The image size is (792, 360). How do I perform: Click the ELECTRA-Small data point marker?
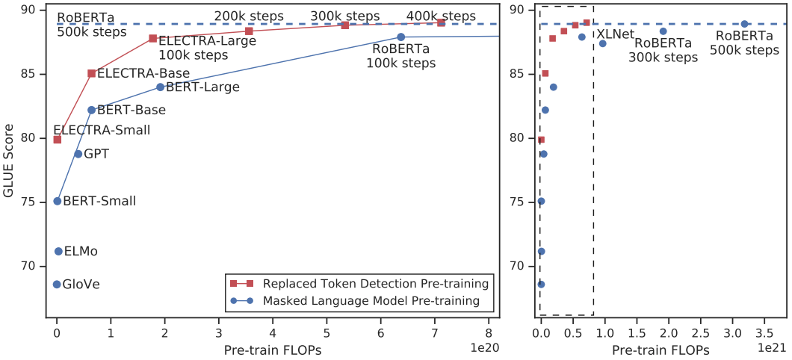pyautogui.click(x=57, y=139)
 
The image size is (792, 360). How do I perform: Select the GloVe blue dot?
pyautogui.click(x=57, y=284)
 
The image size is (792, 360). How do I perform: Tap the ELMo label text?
pyautogui.click(x=81, y=252)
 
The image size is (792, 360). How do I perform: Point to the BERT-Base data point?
pyautogui.click(x=91, y=110)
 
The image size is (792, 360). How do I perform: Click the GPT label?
pyautogui.click(x=96, y=154)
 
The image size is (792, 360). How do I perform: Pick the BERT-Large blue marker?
pyautogui.click(x=160, y=87)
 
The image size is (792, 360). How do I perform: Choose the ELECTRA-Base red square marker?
pyautogui.click(x=91, y=73)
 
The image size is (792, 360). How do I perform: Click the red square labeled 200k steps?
pyautogui.click(x=249, y=31)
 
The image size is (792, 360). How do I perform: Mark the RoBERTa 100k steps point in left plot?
pyautogui.click(x=400, y=37)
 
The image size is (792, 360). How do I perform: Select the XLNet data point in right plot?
pyautogui.click(x=602, y=43)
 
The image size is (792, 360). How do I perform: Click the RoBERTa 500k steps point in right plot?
pyautogui.click(x=744, y=24)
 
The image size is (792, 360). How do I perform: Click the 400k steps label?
pyautogui.click(x=441, y=16)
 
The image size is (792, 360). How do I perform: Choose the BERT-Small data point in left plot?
pyautogui.click(x=57, y=201)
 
